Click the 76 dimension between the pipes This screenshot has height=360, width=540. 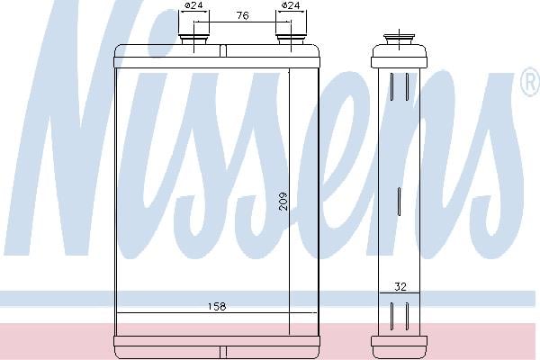242,15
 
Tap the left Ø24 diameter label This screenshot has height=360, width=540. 193,5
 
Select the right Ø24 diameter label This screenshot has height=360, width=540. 291,5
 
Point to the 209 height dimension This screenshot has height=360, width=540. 283,202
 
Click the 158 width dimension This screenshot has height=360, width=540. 217,306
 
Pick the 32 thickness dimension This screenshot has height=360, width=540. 400,286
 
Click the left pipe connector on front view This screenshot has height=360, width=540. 194,39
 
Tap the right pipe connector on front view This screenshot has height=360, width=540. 291,39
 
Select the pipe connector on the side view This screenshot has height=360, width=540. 399,40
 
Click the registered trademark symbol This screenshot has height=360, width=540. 531,82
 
